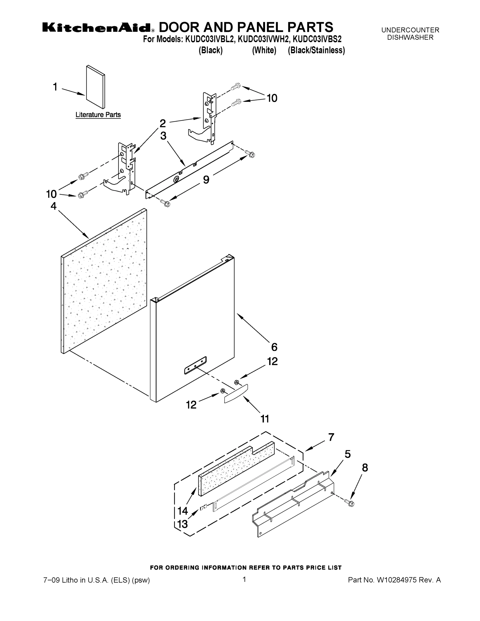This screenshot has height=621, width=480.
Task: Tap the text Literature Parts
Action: (98, 115)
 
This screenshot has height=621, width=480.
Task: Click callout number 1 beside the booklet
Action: (55, 87)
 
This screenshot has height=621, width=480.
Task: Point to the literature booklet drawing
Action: (95, 87)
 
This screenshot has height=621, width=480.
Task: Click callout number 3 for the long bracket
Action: (163, 136)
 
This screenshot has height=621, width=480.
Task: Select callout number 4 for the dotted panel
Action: (54, 206)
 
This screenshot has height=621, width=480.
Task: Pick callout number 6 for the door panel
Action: (274, 347)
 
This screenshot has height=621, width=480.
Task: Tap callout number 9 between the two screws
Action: (206, 180)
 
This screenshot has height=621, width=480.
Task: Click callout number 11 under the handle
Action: (265, 419)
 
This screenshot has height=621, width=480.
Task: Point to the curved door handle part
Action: (236, 394)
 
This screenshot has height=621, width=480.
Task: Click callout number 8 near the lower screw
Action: (365, 468)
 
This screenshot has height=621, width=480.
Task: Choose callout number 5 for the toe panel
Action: (348, 454)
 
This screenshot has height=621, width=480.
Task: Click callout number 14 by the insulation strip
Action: (183, 511)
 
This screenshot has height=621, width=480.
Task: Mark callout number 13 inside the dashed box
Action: (182, 524)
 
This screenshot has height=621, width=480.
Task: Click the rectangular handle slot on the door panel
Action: (195, 365)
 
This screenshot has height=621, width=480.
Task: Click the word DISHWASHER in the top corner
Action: (410, 37)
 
